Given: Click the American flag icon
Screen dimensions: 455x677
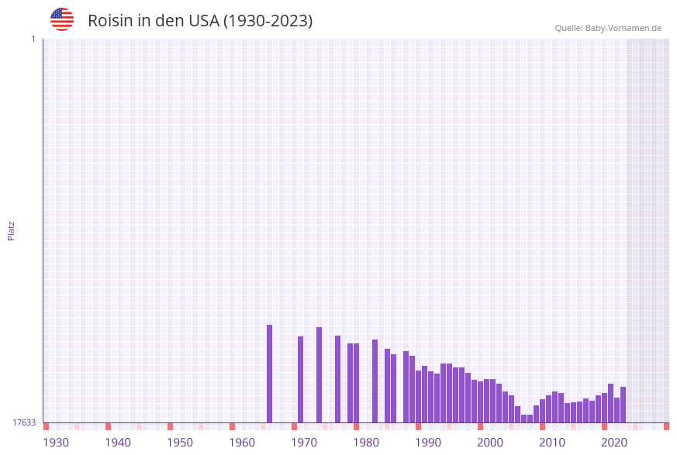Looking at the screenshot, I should pos(62,19).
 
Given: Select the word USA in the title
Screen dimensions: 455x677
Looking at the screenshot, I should pos(204,21).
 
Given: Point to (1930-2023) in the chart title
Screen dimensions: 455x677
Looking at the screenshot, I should pos(268,21).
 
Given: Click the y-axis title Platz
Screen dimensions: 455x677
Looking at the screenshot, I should pos(12,230).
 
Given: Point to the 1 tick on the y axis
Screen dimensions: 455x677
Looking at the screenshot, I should pos(33,39).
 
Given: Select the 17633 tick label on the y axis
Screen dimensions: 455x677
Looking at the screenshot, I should pos(24,422).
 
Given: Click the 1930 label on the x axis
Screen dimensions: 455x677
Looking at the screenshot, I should pos(56,443).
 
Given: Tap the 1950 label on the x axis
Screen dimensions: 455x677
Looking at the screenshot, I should pos(180,443).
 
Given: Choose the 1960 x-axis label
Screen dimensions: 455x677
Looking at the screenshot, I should pos(242,443).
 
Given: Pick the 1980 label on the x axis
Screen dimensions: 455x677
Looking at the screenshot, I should pos(366,443).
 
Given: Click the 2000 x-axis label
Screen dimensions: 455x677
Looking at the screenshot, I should pos(490,443).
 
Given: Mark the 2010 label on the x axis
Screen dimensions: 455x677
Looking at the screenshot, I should pos(552,443).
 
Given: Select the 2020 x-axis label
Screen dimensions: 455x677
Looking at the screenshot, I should pos(614,443).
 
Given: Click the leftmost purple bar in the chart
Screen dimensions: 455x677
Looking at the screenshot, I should pos(269,374).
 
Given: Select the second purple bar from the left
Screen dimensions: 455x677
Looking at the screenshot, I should pos(300,379).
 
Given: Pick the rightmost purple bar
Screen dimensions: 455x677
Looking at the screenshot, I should pos(623,404).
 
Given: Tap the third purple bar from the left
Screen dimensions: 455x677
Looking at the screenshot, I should pos(319,374).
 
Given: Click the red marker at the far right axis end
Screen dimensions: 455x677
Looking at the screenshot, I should pos(666,426).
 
